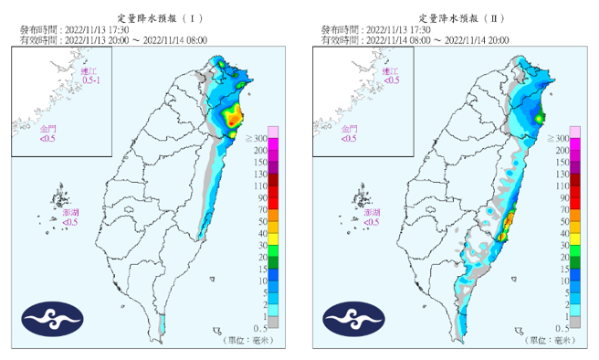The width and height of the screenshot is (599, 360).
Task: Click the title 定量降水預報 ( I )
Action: point(152,17)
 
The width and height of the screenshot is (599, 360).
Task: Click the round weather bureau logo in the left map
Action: point(53,316)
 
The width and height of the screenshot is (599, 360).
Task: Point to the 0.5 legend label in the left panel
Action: point(258,327)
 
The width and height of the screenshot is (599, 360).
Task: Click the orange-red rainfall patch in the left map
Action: point(235,116)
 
